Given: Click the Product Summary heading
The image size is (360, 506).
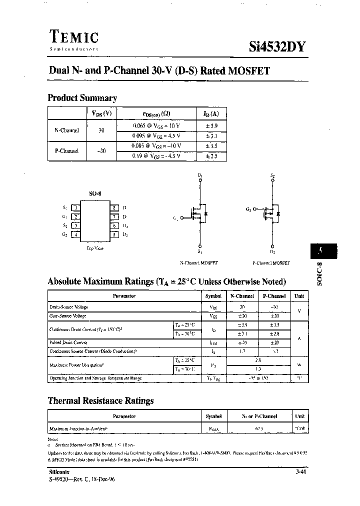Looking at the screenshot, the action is [x=82, y=98].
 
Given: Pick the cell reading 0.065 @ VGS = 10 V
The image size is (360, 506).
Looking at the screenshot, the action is [x=156, y=126].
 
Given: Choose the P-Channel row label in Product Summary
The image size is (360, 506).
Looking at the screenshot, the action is [x=66, y=150].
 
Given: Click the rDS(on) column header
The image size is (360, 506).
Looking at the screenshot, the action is [x=156, y=113].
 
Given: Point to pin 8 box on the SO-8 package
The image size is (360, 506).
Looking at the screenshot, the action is [x=114, y=207].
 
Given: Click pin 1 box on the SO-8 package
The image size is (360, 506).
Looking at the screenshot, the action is [x=75, y=207].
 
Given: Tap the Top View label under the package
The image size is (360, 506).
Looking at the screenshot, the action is [x=95, y=248].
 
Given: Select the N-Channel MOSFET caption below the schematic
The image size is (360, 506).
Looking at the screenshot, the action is [x=199, y=262].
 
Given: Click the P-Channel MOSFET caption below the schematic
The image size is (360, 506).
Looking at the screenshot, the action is [x=271, y=262].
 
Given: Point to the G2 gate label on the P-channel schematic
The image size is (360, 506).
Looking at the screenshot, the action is [x=248, y=209].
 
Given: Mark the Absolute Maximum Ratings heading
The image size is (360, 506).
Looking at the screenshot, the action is [x=166, y=281].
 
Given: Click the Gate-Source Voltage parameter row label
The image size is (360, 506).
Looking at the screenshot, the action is [x=68, y=315].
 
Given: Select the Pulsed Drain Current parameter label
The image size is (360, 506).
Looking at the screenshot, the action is [x=68, y=342].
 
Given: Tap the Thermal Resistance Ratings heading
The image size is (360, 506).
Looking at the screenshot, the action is [x=100, y=400].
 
